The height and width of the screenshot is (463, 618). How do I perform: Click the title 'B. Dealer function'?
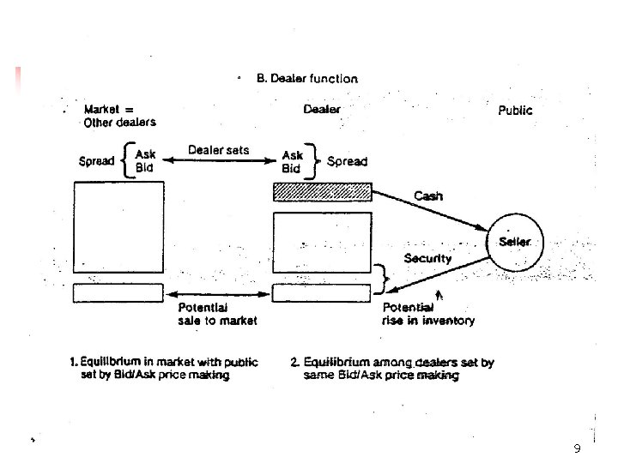pyautogui.click(x=307, y=78)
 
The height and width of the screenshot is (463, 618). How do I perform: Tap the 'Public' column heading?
pyautogui.click(x=515, y=110)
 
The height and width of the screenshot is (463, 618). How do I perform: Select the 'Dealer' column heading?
pyautogui.click(x=322, y=109)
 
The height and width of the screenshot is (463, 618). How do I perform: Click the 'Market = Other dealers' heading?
pyautogui.click(x=119, y=116)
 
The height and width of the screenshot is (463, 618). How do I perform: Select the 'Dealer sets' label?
pyautogui.click(x=219, y=150)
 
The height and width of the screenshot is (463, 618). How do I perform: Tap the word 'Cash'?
pyautogui.click(x=428, y=195)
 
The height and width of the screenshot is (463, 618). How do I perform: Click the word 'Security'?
pyautogui.click(x=427, y=258)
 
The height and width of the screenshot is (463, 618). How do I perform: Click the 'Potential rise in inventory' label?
pyautogui.click(x=427, y=314)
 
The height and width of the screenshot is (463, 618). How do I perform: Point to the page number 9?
pyautogui.click(x=577, y=449)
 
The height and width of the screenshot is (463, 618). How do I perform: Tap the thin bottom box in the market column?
pyautogui.click(x=118, y=292)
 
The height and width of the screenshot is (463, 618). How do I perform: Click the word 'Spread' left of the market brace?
pyautogui.click(x=96, y=161)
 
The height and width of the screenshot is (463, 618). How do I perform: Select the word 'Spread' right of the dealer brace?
pyautogui.click(x=347, y=161)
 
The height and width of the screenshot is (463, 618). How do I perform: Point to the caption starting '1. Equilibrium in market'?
pyautogui.click(x=164, y=369)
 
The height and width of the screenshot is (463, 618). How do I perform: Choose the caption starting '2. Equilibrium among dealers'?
pyautogui.click(x=392, y=369)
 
